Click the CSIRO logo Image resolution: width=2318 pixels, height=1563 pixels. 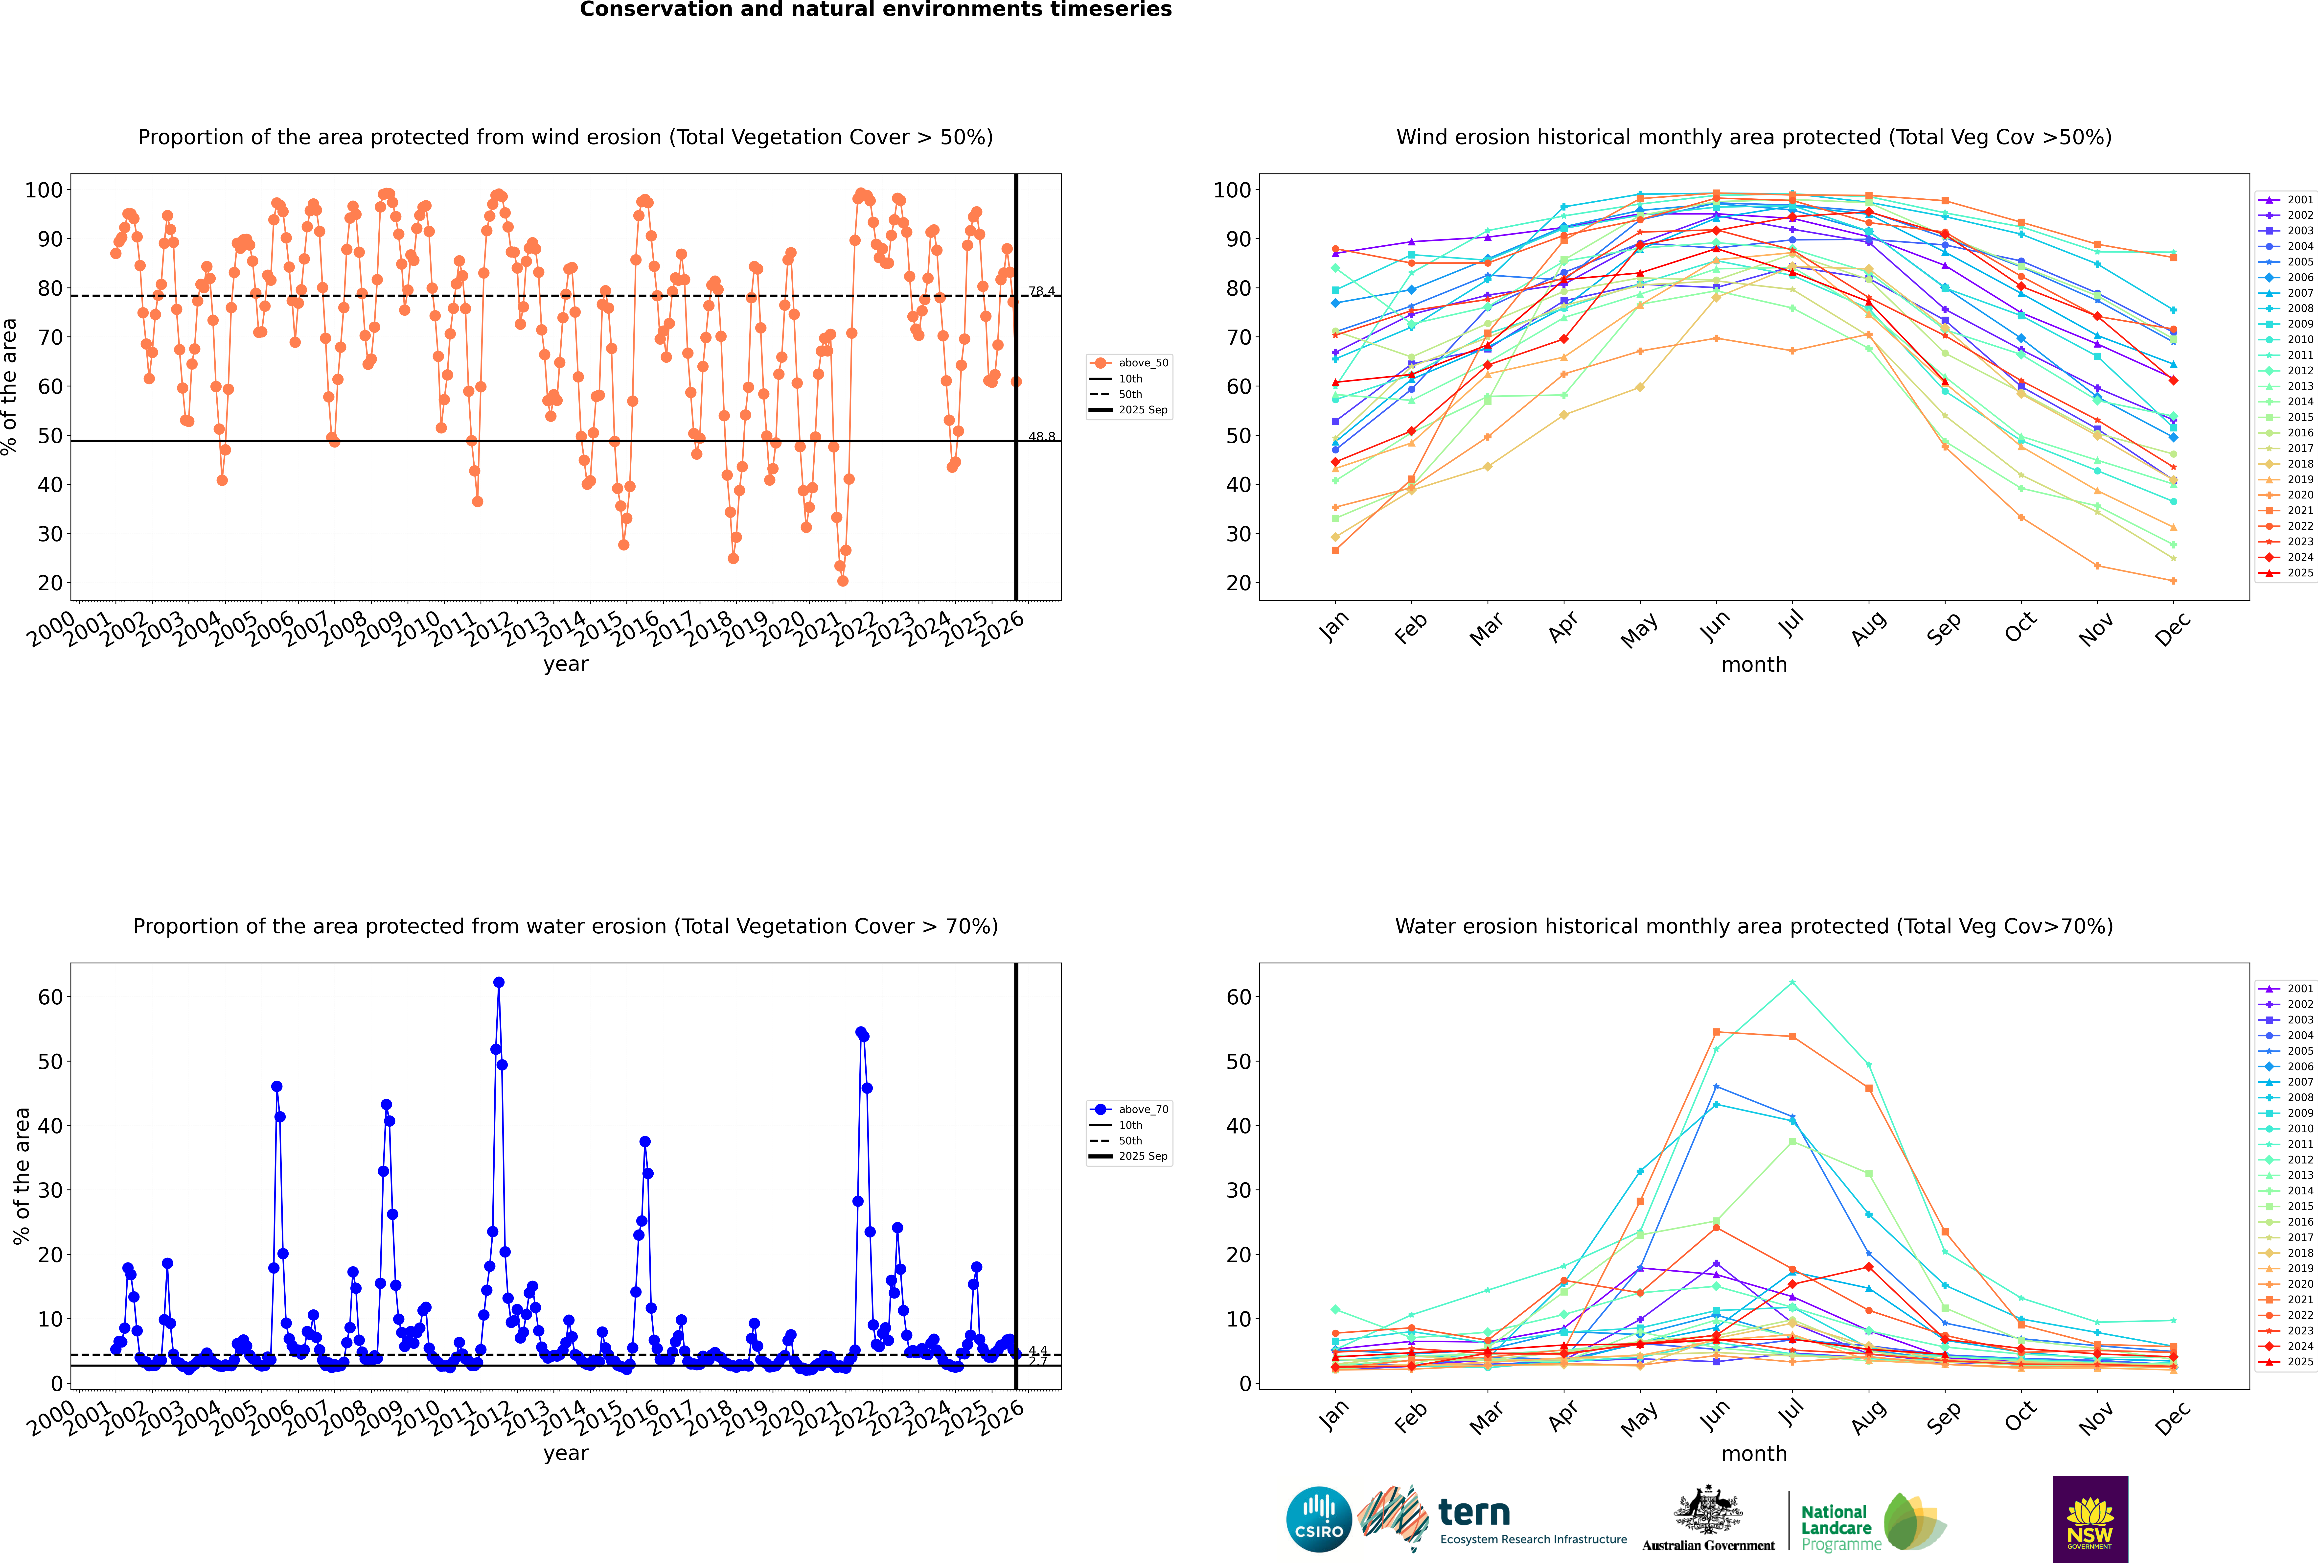1318,1519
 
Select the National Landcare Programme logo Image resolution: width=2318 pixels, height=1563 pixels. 1872,1522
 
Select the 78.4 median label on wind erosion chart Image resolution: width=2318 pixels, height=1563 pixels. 1041,291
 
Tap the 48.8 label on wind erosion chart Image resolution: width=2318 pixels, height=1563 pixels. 1041,437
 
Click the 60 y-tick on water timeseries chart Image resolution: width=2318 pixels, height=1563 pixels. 50,997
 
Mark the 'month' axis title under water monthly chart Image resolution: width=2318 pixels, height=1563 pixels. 1754,1453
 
